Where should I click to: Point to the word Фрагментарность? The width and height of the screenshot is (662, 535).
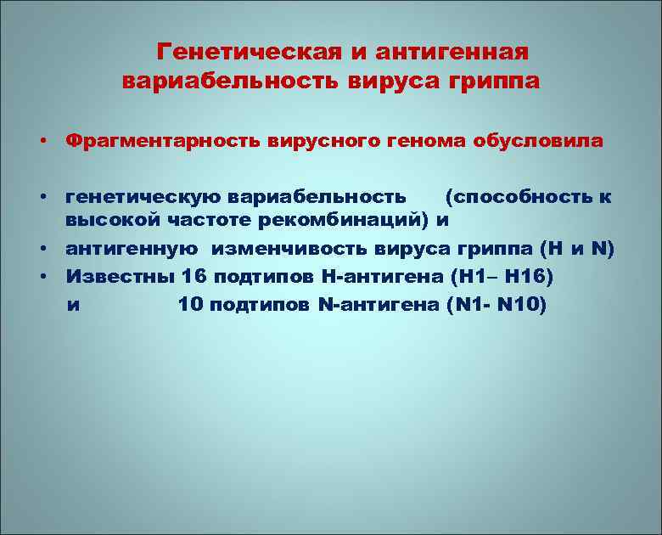click(x=164, y=141)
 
